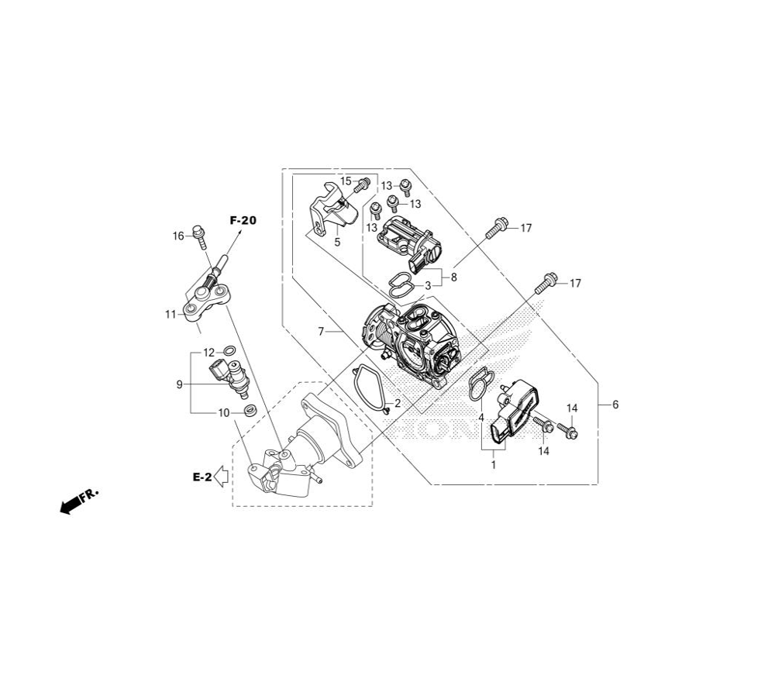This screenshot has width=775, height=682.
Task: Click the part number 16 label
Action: [178, 236]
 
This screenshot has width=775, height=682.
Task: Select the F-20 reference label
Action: [243, 220]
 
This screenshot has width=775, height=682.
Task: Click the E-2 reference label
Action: [201, 477]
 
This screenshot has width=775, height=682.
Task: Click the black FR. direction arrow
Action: [71, 505]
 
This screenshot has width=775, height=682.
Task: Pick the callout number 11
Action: [170, 314]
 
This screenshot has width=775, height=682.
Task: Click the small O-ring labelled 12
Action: [229, 352]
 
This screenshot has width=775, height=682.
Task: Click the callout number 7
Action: [321, 331]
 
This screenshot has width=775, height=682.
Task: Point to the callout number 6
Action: [615, 404]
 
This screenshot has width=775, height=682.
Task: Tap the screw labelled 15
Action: [360, 184]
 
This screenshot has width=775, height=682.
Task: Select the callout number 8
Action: [454, 277]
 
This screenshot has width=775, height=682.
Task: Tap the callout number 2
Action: [398, 403]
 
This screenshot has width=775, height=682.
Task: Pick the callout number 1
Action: [493, 464]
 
